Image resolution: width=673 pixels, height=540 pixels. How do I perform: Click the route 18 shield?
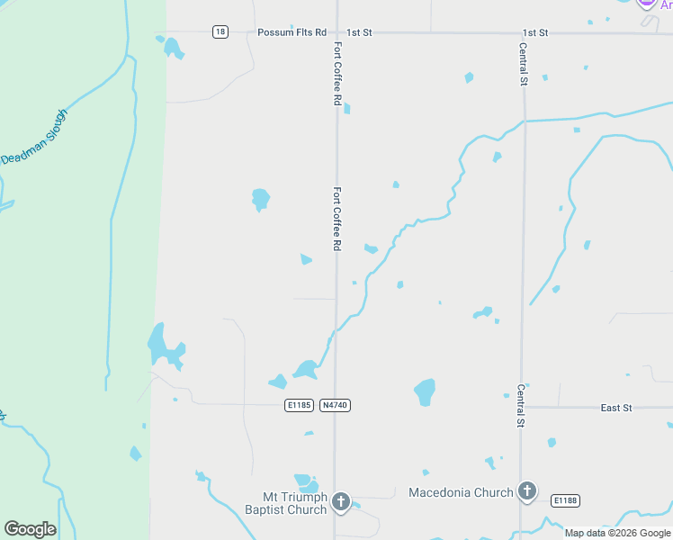220,32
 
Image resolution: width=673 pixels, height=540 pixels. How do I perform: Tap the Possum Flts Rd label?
292,32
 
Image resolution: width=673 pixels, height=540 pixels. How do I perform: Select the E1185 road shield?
299,406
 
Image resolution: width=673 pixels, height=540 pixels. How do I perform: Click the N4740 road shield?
335,406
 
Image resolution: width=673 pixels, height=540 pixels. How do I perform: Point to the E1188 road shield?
564,500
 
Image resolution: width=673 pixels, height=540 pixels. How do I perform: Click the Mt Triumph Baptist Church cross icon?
341,502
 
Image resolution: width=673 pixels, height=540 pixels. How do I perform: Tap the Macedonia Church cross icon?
527,492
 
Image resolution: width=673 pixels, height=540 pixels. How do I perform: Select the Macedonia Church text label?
461,492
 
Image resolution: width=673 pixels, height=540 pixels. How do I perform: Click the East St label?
616,408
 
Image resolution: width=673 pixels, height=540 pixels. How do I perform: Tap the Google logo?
30,528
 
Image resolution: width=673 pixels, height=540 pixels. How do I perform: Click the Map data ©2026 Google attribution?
617,533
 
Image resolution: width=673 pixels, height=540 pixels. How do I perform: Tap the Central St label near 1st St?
523,63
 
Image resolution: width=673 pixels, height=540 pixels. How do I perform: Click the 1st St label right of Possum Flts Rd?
359,32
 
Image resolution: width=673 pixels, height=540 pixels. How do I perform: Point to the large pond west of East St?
425,391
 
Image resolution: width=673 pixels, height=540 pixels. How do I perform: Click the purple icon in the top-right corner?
647,3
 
